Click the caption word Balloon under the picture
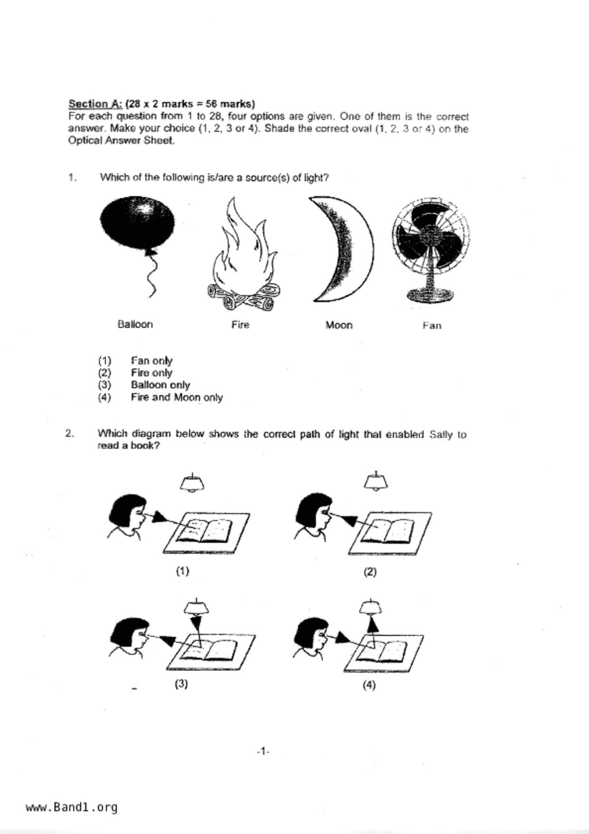click(135, 324)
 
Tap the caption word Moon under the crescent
click(339, 325)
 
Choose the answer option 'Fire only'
click(151, 373)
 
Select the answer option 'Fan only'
click(152, 361)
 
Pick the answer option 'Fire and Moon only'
click(176, 398)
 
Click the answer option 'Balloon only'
click(160, 385)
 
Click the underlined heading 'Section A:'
click(96, 104)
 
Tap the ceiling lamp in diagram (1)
click(192, 483)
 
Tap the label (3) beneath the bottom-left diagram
click(181, 684)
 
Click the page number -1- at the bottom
click(263, 752)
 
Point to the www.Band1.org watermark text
click(71, 807)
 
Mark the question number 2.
click(70, 434)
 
